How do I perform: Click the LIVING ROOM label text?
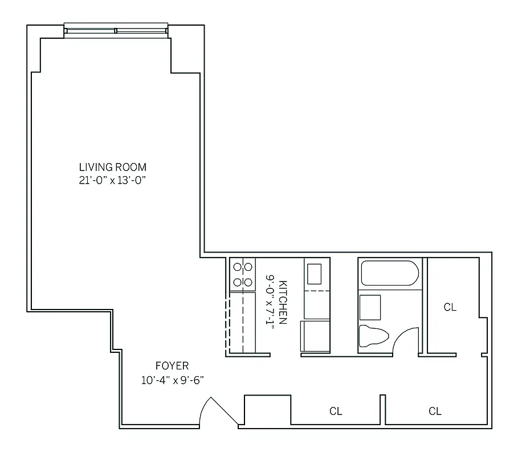click(x=112, y=167)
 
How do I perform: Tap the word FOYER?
click(x=172, y=366)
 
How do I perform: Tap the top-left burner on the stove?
click(x=236, y=266)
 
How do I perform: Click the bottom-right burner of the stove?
click(x=248, y=282)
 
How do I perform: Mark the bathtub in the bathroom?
click(x=390, y=274)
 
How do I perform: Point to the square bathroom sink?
click(x=370, y=308)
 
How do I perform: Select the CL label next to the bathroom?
click(x=450, y=307)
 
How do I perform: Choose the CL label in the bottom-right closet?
click(x=435, y=411)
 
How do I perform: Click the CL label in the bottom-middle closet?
click(x=336, y=411)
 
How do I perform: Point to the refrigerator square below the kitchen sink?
click(x=316, y=336)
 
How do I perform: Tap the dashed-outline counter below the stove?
click(x=242, y=322)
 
